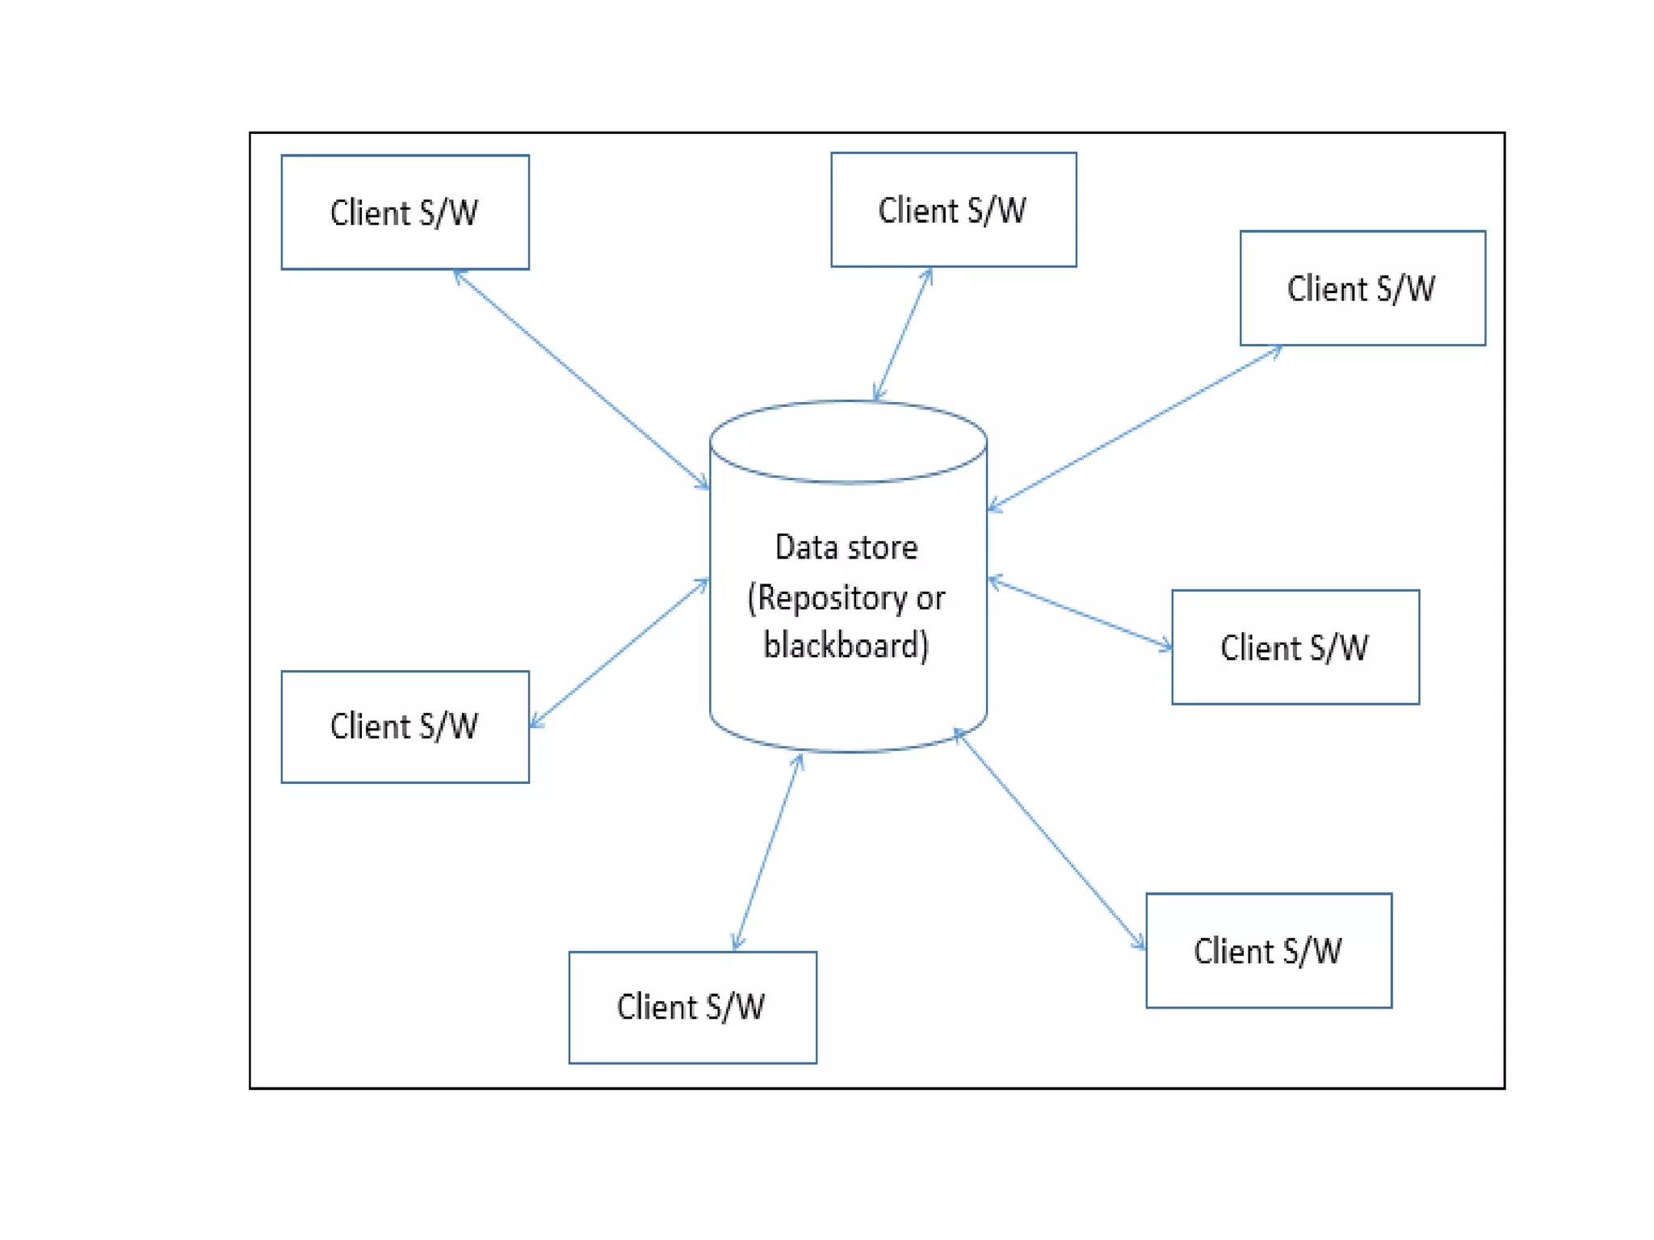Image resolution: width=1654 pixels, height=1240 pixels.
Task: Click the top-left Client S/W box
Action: (x=405, y=212)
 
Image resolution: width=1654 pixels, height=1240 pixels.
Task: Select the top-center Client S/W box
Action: (x=953, y=209)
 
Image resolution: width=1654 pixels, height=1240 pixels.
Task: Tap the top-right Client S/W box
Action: (x=1362, y=287)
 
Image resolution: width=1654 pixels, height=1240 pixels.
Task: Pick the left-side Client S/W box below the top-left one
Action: (x=405, y=726)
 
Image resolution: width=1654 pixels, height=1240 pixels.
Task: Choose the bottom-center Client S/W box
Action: (x=692, y=1007)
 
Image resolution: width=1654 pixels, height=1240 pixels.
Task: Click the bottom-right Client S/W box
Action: (x=1268, y=950)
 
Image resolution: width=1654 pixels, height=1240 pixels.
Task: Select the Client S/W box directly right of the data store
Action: (x=1295, y=647)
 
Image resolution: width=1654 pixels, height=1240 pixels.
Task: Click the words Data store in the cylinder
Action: (x=846, y=547)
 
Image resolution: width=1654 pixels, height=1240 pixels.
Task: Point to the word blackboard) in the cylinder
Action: (x=846, y=645)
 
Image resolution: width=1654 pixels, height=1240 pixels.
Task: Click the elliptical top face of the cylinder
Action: (x=848, y=441)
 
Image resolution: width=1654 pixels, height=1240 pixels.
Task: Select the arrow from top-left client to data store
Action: (x=581, y=379)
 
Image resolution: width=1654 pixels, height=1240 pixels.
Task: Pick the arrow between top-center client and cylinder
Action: (x=903, y=334)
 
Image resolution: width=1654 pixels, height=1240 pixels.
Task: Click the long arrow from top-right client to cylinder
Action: (x=1135, y=428)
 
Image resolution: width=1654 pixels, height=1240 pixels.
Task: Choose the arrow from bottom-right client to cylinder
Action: (x=1050, y=840)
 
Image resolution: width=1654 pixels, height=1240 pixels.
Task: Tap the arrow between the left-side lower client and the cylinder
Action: (x=619, y=652)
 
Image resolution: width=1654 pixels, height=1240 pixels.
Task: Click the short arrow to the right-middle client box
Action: (x=1081, y=613)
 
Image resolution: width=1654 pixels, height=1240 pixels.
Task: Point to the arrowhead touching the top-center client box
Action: (x=928, y=275)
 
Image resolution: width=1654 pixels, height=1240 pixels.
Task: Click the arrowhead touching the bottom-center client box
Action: (x=737, y=942)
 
